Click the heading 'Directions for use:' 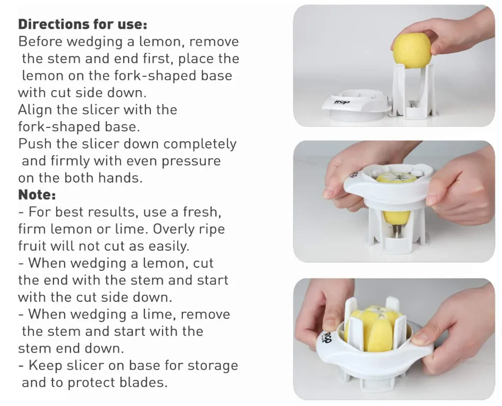pos(82,24)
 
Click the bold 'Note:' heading pos(37,194)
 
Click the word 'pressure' pos(191,162)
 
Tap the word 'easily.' pos(169,246)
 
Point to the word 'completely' pos(200,144)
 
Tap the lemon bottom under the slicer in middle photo pos(396,218)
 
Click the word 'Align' pos(34,110)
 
